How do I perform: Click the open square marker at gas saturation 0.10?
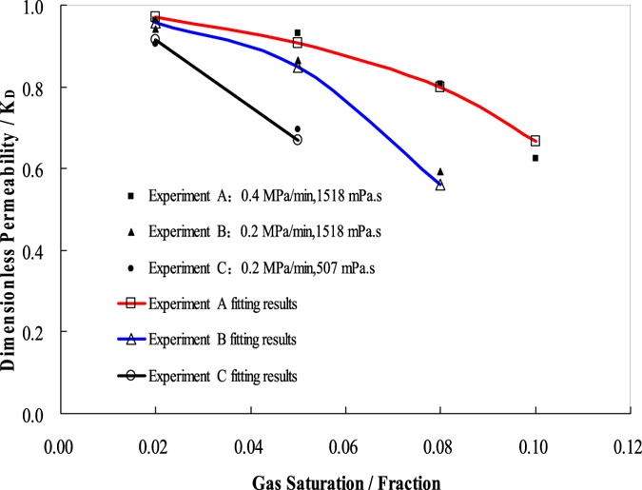[x=535, y=141]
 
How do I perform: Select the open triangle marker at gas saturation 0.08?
[x=440, y=185]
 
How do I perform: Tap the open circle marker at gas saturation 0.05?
[x=298, y=140]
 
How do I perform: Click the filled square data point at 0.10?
[x=535, y=158]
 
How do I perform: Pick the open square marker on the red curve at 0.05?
[x=298, y=43]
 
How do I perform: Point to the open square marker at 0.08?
[x=440, y=87]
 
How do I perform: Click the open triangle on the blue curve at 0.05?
[x=298, y=68]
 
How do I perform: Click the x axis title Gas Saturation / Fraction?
[x=347, y=479]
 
